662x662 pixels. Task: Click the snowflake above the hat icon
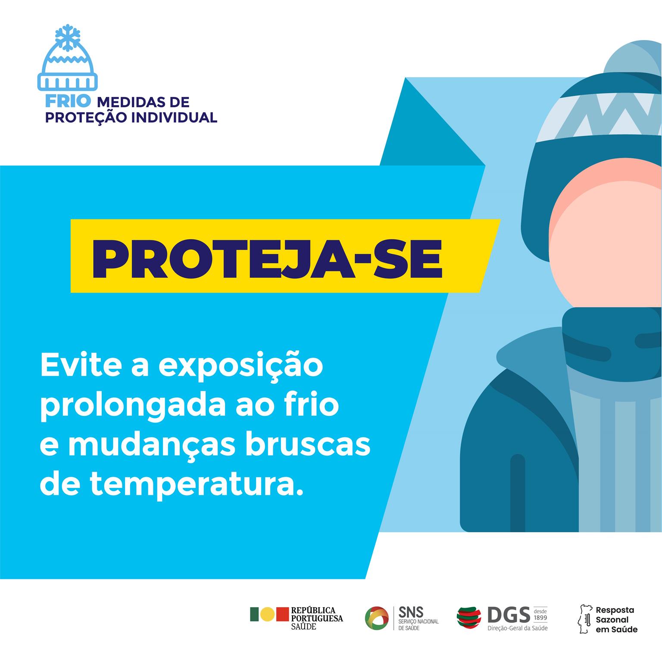coord(67,36)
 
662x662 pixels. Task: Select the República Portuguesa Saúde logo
coord(297,618)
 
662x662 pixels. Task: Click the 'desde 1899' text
coord(540,614)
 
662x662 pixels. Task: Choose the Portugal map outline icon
coord(584,618)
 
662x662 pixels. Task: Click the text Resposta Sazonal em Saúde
coord(616,619)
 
